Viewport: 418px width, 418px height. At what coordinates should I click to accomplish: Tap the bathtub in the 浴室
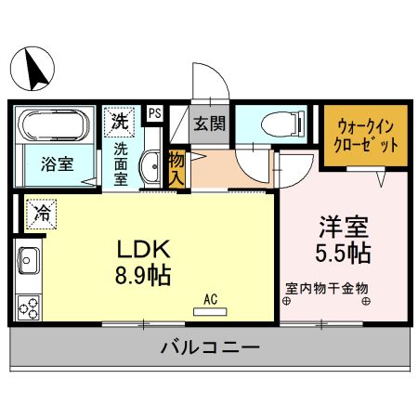pos(55,125)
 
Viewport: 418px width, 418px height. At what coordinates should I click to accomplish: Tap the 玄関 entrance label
pos(209,124)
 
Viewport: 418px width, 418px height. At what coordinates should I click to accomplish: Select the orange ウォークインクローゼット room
pos(365,137)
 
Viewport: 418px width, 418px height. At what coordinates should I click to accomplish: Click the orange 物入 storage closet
pos(176,168)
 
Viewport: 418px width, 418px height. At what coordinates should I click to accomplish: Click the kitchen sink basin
pos(27,265)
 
